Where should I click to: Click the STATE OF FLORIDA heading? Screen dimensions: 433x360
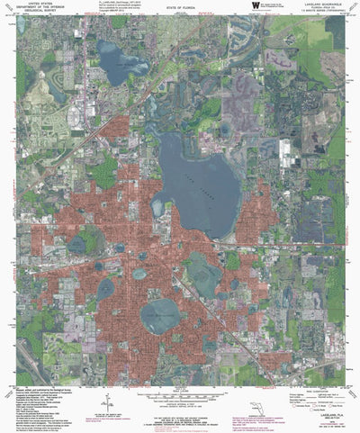coord(180,8)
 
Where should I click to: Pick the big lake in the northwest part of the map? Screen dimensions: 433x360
coord(121,62)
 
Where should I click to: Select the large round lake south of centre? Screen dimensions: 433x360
coord(160,314)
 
